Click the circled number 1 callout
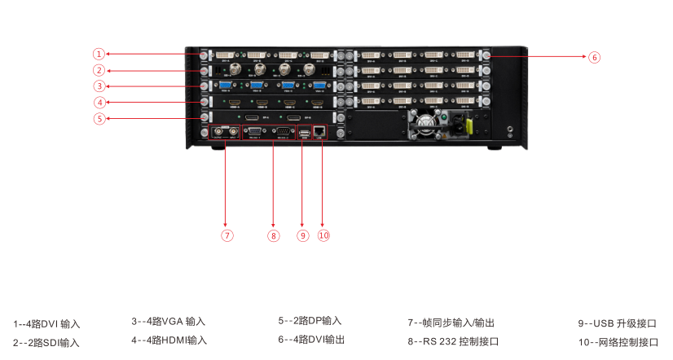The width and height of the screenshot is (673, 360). tap(99, 54)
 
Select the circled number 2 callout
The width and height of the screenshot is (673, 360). tap(99, 70)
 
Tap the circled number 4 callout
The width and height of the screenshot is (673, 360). tap(99, 103)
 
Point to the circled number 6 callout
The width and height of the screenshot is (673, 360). tap(594, 57)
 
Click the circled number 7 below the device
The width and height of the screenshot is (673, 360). tap(227, 235)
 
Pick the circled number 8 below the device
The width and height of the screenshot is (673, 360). tap(274, 235)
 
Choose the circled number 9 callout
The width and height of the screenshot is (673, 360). tap(303, 235)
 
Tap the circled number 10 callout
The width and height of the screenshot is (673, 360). tap(323, 235)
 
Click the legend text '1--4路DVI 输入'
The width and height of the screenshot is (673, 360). tap(46, 324)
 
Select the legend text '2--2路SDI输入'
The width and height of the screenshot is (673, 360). tap(46, 343)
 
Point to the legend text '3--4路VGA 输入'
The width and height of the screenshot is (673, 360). tap(169, 322)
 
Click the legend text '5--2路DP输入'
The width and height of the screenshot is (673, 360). tap(310, 321)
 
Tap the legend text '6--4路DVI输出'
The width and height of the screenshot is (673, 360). tap(311, 340)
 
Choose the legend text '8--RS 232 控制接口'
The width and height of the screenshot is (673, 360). tap(453, 342)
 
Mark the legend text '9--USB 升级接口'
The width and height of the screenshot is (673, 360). tap(617, 323)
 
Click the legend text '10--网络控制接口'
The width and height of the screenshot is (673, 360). tap(618, 342)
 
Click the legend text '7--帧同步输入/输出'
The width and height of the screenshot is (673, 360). tap(451, 323)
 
